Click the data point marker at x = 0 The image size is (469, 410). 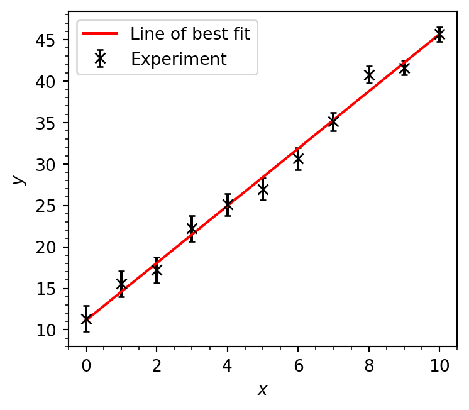point(86,319)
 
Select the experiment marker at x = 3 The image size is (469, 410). point(192,228)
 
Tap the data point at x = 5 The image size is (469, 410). point(263,189)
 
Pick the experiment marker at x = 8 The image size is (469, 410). point(369,75)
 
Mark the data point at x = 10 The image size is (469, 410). point(440,35)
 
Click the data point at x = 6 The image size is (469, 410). point(298,158)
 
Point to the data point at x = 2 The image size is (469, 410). point(157,270)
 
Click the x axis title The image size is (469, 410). point(263,391)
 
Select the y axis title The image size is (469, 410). point(19,180)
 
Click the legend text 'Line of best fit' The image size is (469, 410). point(190,34)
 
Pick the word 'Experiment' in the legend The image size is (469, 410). point(179,59)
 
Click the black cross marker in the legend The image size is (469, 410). point(99,59)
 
